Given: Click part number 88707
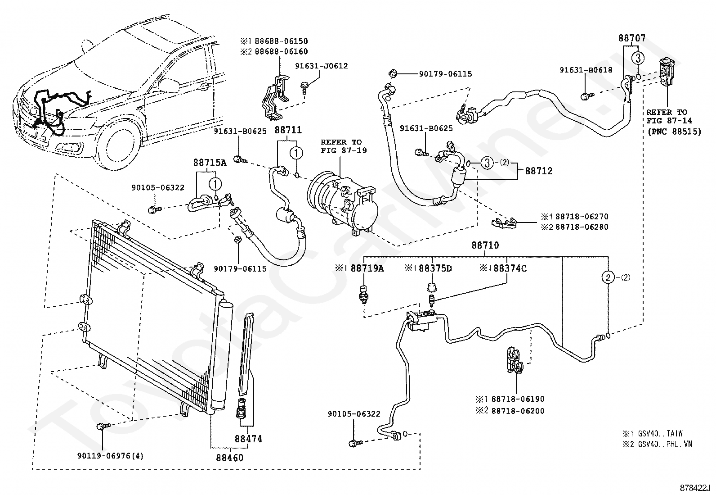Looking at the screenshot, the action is tap(632, 38).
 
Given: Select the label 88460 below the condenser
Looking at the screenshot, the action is tap(229, 458).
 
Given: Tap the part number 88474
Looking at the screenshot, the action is tap(248, 439).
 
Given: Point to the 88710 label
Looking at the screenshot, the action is tap(485, 245).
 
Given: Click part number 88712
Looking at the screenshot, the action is tap(539, 171).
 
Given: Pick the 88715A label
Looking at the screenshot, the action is tap(210, 163).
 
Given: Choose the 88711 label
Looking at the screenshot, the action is tap(288, 130).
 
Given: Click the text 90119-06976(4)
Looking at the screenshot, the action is tap(110, 456).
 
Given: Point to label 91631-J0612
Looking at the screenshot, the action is tap(321, 66).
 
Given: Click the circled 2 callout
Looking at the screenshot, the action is tap(608, 277).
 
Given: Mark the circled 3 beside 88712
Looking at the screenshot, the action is tap(487, 163).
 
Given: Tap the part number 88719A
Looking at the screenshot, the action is tap(367, 268).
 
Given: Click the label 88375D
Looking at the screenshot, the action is tap(435, 268).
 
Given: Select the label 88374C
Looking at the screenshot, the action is tap(510, 268).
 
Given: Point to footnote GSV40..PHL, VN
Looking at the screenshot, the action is tap(665, 444).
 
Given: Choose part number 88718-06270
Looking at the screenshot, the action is tap(582, 217).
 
